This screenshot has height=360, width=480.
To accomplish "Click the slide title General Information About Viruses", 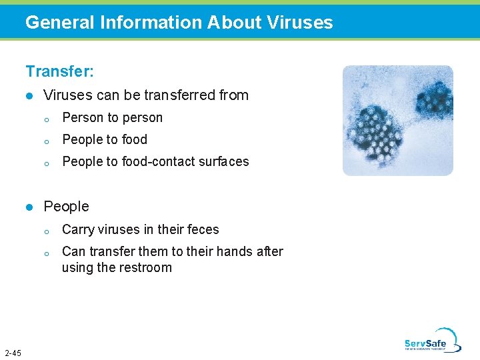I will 179,23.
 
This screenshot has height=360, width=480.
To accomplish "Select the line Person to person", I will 112,118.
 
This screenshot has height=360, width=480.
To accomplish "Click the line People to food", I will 104,140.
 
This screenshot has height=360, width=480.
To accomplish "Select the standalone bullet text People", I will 66,207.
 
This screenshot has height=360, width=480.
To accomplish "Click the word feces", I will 203,229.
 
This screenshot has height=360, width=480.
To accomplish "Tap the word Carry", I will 77,229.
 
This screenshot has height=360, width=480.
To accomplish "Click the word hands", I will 234,252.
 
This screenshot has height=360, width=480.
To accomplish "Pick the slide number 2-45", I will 13,353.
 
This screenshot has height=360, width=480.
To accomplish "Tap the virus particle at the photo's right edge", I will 434,100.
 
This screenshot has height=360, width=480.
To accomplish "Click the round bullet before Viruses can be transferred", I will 29,96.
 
